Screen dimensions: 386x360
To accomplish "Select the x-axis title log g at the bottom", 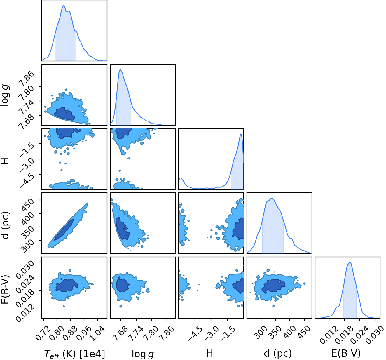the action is (143, 353).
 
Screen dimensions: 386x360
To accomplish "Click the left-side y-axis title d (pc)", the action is (6, 225).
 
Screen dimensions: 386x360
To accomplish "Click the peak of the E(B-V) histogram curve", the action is (350, 262).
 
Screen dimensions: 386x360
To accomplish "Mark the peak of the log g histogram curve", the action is (120, 70).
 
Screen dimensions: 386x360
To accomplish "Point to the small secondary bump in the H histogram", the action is (181, 178).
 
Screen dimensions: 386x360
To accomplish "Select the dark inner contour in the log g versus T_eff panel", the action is (64, 114).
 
